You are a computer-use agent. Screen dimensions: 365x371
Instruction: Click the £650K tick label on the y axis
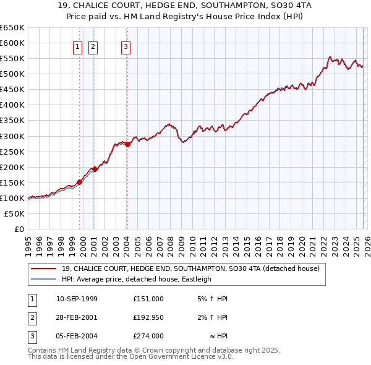(x=12, y=28)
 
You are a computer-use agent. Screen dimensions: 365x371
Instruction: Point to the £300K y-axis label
(x=12, y=136)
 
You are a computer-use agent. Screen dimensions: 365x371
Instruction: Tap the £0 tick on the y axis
(x=19, y=229)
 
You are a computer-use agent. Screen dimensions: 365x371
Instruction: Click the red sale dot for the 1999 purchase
(x=79, y=182)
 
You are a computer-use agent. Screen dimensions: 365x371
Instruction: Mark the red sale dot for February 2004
(x=127, y=144)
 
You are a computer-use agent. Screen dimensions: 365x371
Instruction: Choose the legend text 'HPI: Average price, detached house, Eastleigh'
(x=137, y=279)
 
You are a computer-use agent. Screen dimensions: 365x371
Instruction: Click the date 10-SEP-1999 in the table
(x=77, y=299)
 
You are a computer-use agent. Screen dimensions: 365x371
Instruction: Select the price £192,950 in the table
(x=148, y=317)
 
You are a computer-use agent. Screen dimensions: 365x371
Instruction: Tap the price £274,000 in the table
(x=148, y=336)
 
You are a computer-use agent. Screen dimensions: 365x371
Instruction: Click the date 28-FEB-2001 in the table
(x=77, y=317)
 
